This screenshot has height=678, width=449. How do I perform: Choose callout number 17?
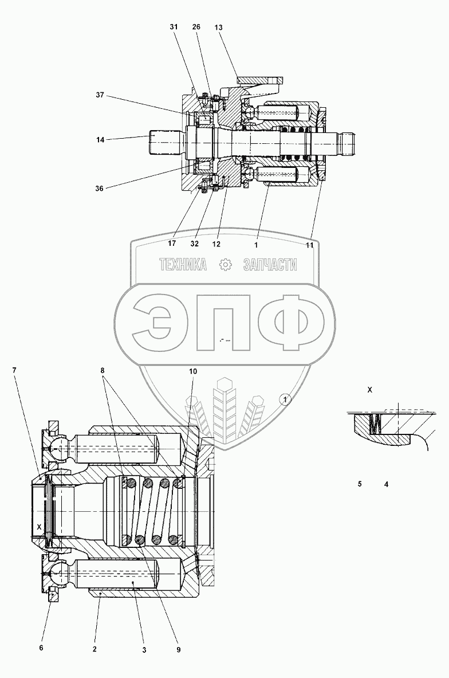point(171,243)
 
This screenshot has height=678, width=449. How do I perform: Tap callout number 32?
point(195,243)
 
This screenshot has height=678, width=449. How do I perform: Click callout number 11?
point(309,245)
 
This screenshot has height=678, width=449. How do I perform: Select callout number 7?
point(14,370)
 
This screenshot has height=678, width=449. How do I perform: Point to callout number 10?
point(193,371)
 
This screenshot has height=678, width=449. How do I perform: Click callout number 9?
point(178,649)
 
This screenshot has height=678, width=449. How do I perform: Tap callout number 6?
point(41,648)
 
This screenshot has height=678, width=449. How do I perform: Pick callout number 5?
point(360,484)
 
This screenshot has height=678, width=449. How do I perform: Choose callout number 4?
point(386,484)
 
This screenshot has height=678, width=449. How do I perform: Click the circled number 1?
point(285,399)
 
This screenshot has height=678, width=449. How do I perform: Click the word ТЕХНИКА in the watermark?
point(183,265)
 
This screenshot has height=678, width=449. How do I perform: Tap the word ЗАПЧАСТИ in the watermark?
point(270,265)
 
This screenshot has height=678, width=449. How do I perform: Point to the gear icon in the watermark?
point(225,265)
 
